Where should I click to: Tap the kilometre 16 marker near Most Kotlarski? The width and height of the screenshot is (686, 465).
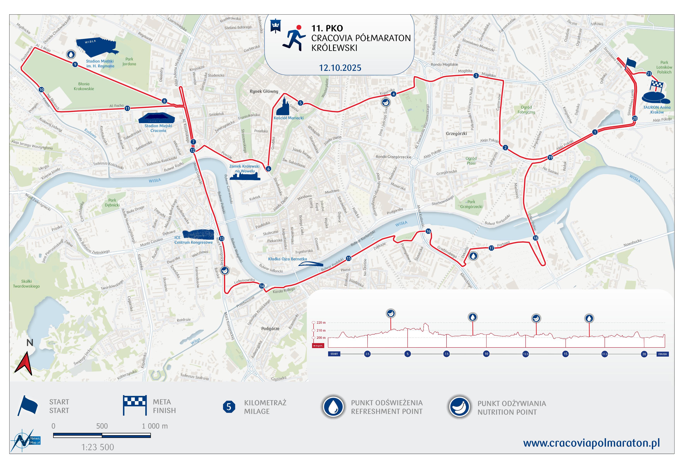tap(428, 231)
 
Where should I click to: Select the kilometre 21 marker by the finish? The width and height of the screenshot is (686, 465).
tap(649, 74)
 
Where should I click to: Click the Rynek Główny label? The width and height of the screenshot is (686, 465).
tap(264, 91)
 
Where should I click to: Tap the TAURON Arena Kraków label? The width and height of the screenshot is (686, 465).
tap(657, 110)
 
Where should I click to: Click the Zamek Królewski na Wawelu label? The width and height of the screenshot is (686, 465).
tap(244, 168)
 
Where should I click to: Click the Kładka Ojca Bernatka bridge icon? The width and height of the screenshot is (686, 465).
tap(310, 264)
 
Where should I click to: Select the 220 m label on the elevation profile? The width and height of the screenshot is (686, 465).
tap(321, 323)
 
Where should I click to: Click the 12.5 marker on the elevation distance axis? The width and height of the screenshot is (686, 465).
tap(525, 354)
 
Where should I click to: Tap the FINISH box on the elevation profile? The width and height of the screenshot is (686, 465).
tap(662, 354)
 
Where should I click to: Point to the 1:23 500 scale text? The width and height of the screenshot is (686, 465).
tap(98, 447)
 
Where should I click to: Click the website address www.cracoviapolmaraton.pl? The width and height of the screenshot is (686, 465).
tap(591, 443)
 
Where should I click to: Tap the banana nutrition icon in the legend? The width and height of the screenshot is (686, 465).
tap(459, 407)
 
